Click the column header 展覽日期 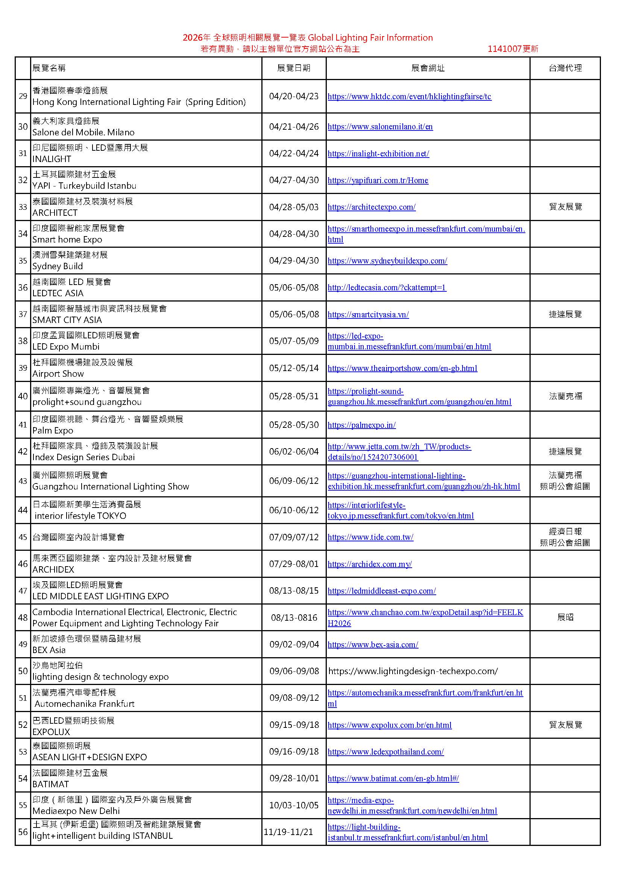point(293,68)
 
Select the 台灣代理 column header point(565,68)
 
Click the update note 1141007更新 point(513,48)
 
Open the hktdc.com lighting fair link point(409,97)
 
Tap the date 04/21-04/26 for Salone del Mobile point(294,127)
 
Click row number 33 point(23,207)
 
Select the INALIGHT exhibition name point(52,159)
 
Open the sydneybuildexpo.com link point(387,261)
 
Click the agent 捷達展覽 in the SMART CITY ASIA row point(565,314)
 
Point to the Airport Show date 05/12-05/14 point(294,368)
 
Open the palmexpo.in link point(361,425)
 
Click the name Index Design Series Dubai point(83,457)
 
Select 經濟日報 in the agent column point(565,531)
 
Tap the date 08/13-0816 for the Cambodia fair point(294,618)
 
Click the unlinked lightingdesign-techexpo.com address point(413,671)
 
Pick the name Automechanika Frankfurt point(84,704)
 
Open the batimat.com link point(393,778)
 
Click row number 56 point(23,832)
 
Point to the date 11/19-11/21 point(288,832)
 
